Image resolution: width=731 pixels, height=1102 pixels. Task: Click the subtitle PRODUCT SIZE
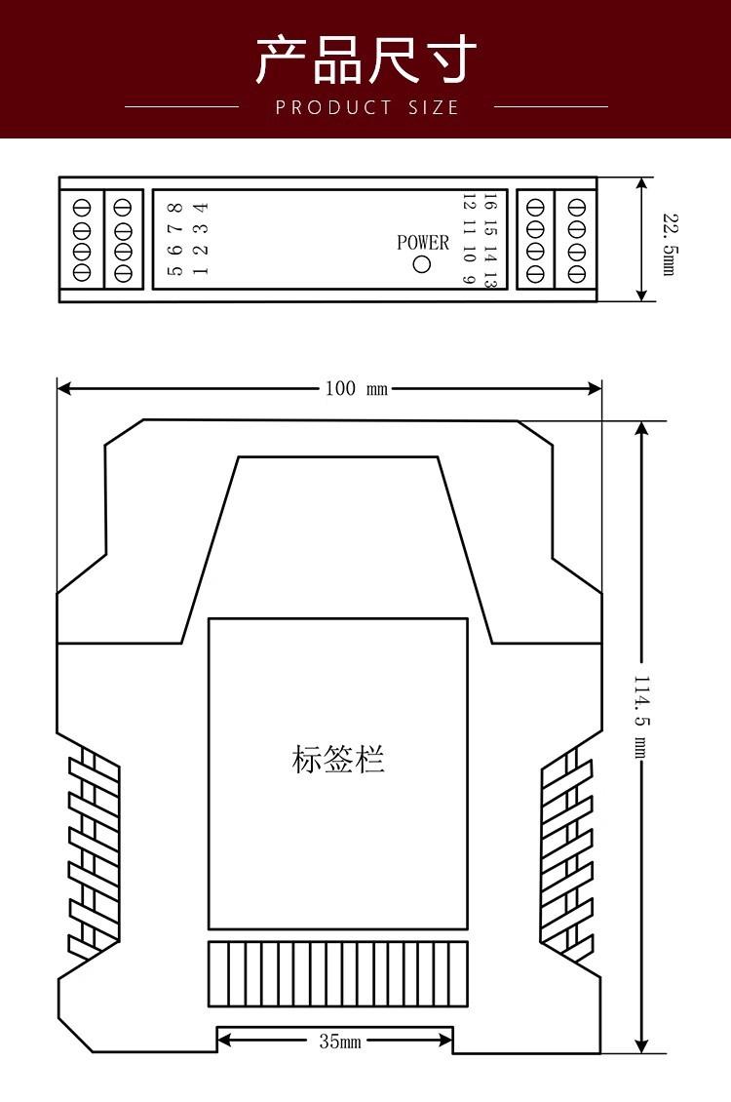pos(367,107)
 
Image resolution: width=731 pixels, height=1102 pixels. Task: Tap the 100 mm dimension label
pos(356,388)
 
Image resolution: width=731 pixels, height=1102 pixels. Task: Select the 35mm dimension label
pos(340,1041)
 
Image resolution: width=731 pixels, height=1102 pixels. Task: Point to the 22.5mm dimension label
pos(671,245)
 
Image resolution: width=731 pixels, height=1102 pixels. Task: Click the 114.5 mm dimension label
pos(641,717)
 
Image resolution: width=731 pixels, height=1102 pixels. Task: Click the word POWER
pos(423,243)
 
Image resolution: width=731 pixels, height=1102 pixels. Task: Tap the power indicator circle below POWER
pos(421,264)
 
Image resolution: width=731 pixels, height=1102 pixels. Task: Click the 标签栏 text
pos(338,760)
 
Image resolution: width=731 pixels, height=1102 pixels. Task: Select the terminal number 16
pos(490,203)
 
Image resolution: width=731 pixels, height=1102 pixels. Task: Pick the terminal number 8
pos(175,208)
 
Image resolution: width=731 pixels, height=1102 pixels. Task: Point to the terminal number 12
pos(470,203)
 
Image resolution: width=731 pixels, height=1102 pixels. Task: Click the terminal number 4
pos(201,208)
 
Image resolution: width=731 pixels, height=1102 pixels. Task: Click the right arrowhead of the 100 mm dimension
pos(595,388)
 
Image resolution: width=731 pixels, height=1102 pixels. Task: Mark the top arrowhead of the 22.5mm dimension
pos(641,185)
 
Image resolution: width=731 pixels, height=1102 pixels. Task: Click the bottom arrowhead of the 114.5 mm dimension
pos(641,1045)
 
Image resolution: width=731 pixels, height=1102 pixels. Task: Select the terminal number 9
pos(470,278)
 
